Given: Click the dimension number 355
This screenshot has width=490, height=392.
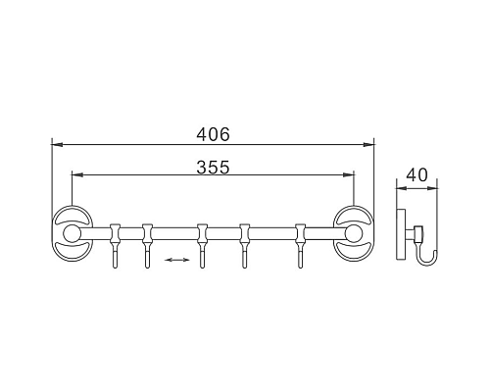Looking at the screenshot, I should click(x=214, y=166).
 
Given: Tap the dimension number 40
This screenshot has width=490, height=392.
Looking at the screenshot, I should click(x=416, y=175).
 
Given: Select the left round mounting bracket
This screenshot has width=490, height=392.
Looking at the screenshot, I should click(x=71, y=234).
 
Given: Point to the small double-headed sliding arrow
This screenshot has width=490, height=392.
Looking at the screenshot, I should click(x=176, y=259).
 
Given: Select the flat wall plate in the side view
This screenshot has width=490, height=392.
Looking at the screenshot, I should click(x=400, y=234).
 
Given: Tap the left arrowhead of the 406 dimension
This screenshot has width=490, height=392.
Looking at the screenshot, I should click(x=55, y=144).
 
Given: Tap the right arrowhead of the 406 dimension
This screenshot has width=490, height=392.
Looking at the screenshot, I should click(x=371, y=144).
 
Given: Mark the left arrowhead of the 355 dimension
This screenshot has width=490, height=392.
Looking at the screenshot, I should click(x=75, y=176).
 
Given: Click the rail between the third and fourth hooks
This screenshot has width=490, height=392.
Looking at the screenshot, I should click(x=224, y=233).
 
